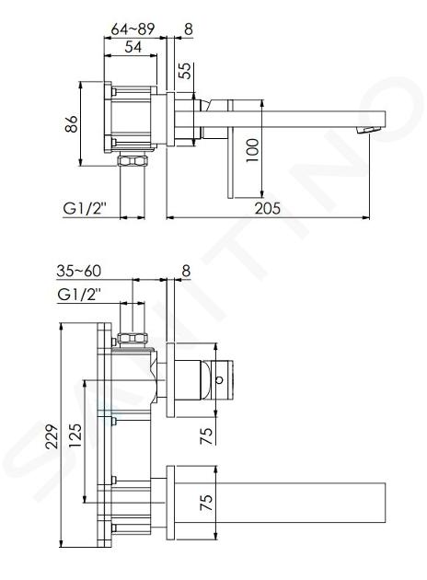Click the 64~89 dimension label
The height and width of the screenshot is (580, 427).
(133, 29)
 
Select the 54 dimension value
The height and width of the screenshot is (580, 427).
(133, 47)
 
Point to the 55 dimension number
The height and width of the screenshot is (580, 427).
(186, 70)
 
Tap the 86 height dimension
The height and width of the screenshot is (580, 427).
(71, 124)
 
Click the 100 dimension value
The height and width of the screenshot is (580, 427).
(253, 150)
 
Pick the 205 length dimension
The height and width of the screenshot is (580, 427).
(267, 208)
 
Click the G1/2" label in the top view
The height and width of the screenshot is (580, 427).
(85, 209)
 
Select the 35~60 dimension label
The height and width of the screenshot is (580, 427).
(79, 271)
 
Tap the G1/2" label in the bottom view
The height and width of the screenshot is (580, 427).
(80, 296)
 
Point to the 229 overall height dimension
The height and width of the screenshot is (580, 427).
(52, 436)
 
